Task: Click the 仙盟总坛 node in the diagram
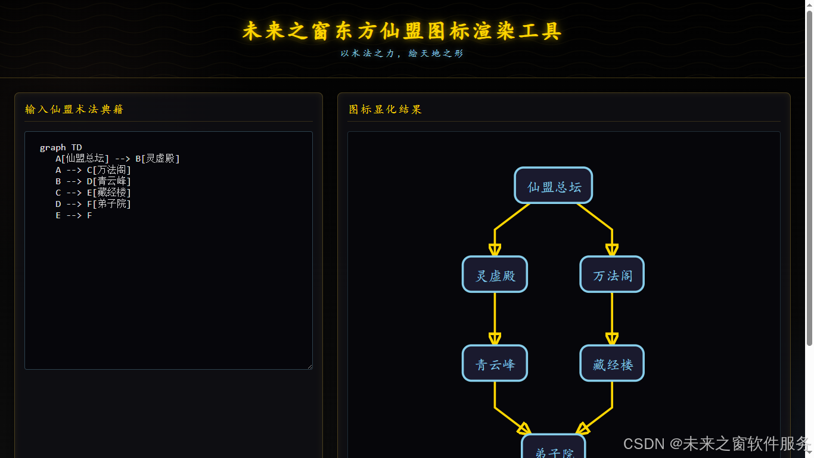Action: [x=553, y=185]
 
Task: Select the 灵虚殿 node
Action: [x=495, y=274]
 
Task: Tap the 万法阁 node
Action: [x=612, y=274]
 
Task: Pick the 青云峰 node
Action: [x=495, y=363]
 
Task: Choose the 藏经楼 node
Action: [x=612, y=363]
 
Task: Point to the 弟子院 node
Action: [x=554, y=450]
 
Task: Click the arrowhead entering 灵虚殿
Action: [x=495, y=250]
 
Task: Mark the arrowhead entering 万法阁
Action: [x=612, y=250]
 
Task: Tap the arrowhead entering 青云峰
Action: [x=495, y=339]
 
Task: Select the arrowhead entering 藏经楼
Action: [x=612, y=339]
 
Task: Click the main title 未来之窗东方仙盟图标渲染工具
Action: [x=402, y=31]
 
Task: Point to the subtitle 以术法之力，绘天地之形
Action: [x=402, y=53]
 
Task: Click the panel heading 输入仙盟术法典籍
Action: [x=74, y=109]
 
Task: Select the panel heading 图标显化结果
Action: [x=385, y=109]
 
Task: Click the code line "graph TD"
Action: [x=61, y=147]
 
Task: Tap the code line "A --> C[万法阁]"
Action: [x=93, y=170]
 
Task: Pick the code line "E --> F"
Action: [x=74, y=215]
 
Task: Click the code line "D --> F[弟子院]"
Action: [x=93, y=204]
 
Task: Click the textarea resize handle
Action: [x=309, y=366]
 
